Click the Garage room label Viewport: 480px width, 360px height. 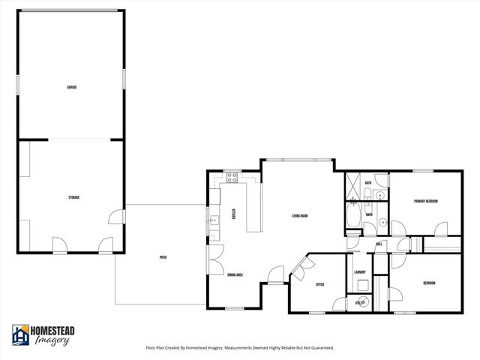click(72, 87)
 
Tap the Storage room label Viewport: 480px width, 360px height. click(73, 197)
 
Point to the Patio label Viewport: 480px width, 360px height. click(163, 257)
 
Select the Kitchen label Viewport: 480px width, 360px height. click(234, 214)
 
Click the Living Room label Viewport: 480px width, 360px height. click(300, 217)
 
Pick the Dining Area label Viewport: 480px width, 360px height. click(235, 275)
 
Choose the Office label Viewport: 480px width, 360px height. click(319, 284)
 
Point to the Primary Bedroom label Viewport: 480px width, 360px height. click(426, 201)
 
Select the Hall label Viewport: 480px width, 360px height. click(379, 244)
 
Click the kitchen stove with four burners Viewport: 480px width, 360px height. click(232, 178)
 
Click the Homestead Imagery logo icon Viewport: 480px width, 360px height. click(20, 334)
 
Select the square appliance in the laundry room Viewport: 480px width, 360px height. click(361, 284)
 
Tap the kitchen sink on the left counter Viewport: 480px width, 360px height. click(213, 220)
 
